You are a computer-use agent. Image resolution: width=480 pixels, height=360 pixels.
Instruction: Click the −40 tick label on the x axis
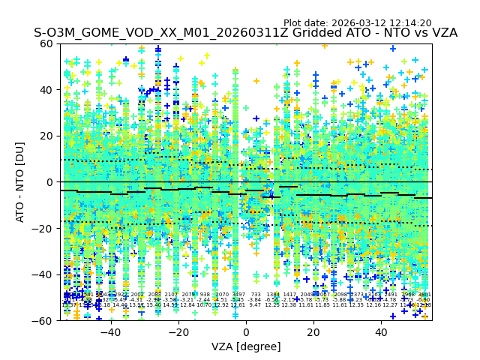pos(109,332)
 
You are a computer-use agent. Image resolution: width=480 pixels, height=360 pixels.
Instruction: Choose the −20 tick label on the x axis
pos(178,332)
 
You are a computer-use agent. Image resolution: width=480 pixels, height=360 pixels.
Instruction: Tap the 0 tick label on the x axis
pos(246,332)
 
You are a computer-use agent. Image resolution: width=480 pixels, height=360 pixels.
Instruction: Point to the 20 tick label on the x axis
pos(313,332)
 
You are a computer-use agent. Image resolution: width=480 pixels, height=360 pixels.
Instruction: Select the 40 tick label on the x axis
pos(382,332)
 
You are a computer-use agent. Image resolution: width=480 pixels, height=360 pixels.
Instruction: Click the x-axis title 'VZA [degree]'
pos(246,346)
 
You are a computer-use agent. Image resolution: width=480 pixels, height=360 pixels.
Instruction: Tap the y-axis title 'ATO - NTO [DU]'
pos(20,182)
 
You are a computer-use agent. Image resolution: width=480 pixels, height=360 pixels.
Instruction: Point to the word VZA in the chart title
pos(442,34)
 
